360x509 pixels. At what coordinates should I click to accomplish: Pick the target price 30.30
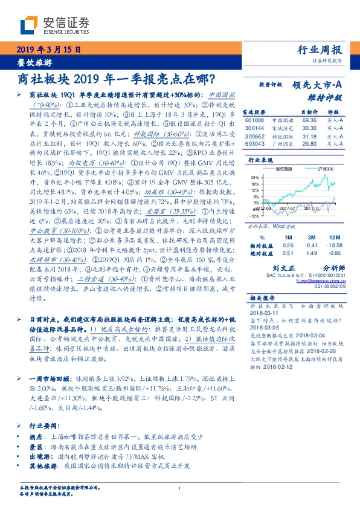[310, 129]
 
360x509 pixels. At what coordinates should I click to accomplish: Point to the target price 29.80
[310, 144]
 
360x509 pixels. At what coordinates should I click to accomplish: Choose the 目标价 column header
[310, 112]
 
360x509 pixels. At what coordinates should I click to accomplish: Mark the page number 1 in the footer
[179, 488]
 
